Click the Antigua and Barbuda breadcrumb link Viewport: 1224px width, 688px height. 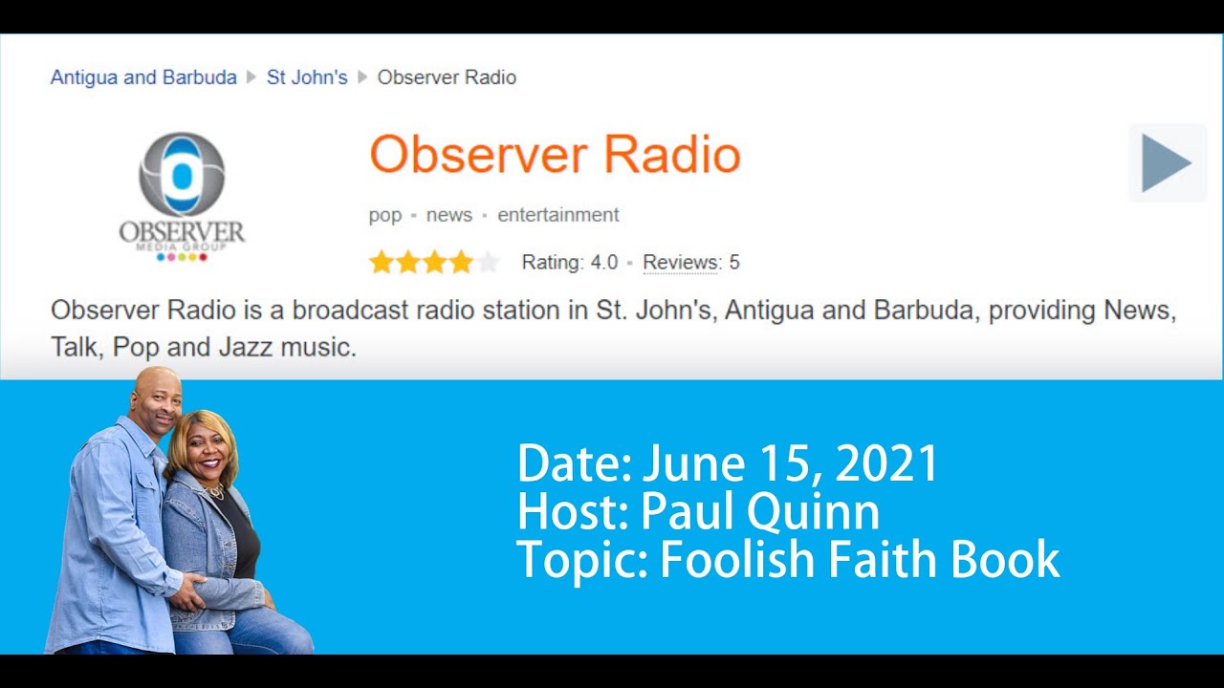[143, 77]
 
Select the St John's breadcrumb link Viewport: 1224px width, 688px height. [306, 77]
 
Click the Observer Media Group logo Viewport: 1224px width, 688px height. [182, 196]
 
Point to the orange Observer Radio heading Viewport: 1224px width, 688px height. [555, 155]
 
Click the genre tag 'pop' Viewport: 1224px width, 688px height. [385, 215]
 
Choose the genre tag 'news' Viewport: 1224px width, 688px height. [449, 215]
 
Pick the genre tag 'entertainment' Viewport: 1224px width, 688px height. [558, 215]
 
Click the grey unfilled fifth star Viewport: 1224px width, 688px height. [488, 262]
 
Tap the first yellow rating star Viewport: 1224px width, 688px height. [382, 262]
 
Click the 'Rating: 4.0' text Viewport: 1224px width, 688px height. [570, 262]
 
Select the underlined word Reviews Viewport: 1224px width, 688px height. [681, 262]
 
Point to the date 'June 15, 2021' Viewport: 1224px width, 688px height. [790, 464]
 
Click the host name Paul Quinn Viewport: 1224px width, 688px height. [759, 512]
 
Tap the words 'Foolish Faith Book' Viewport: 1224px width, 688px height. [859, 560]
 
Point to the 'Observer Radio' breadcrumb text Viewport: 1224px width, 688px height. [447, 77]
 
